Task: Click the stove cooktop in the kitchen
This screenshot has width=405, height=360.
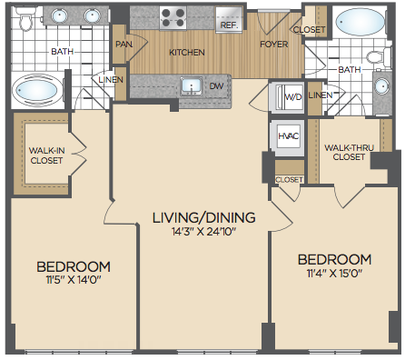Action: coord(173,18)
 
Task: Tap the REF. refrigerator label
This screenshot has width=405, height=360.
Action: coord(229,25)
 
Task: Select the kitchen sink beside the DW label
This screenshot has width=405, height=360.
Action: coord(191,86)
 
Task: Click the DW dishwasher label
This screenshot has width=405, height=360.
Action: coord(216,86)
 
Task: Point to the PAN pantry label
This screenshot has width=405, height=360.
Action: coord(124,45)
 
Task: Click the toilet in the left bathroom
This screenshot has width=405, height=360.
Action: coord(25,19)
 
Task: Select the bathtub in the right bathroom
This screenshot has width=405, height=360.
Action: coord(360,22)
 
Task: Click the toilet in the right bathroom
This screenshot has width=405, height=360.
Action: coord(378,56)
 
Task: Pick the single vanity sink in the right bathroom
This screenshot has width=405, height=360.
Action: coord(381,86)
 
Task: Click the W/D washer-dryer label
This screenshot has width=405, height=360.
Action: coord(293,96)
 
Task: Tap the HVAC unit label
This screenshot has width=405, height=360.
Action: coord(289,135)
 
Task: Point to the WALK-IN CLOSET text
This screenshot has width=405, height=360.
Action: coord(46,155)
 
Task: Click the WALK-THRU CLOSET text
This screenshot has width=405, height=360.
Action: coord(349,152)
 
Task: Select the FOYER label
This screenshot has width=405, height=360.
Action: coord(274,45)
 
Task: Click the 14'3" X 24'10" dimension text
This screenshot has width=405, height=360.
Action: coord(203,232)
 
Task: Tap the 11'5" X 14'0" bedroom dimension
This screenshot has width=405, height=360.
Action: coord(74,279)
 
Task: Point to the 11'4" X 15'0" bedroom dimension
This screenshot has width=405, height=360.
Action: coord(334,274)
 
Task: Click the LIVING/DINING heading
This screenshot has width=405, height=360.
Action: coord(203,217)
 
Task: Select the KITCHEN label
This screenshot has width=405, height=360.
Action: coord(187,53)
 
